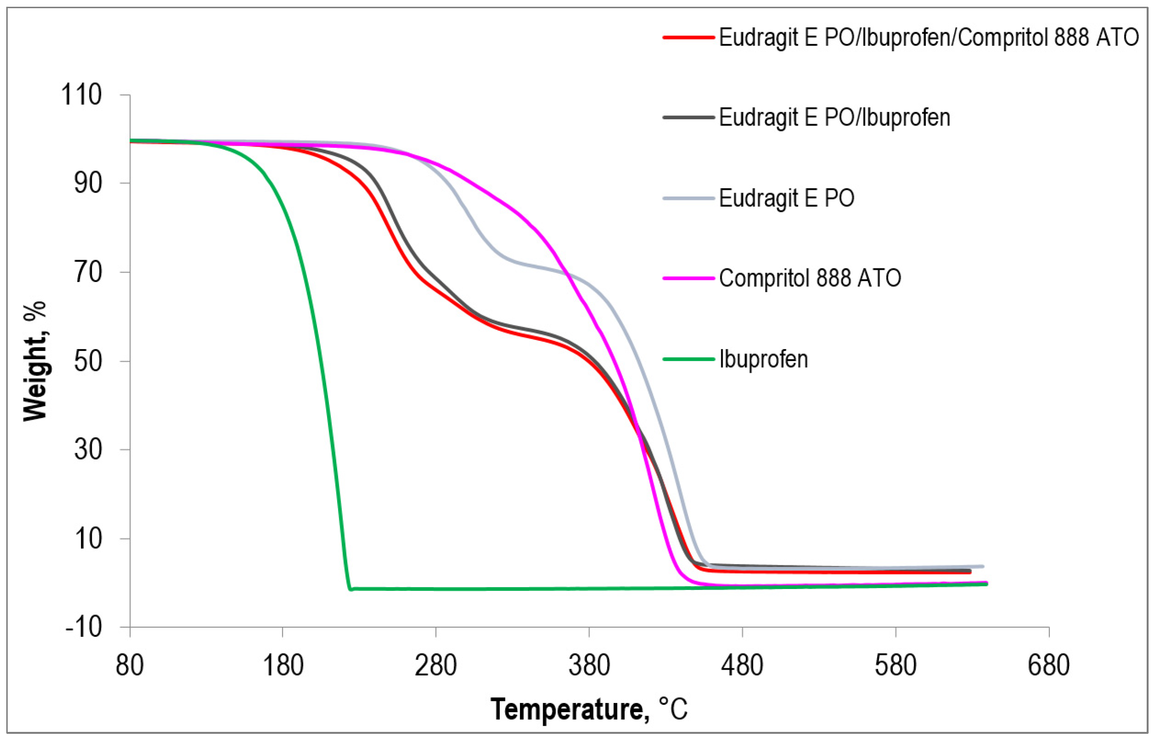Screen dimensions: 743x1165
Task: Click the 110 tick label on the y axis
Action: coord(81,95)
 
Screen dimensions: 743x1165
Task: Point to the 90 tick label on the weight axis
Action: coord(88,183)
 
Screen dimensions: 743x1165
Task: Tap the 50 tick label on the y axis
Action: coord(88,361)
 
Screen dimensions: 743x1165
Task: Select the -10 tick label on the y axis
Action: coord(83,628)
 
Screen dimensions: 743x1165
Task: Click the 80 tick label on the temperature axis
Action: coord(130,666)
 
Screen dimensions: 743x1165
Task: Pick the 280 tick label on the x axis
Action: coord(436,666)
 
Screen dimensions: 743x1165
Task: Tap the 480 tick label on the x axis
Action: coord(741,666)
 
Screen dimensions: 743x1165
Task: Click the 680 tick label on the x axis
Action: coord(1048,666)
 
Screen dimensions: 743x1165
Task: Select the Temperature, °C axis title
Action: coord(589,710)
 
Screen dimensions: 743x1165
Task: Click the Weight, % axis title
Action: coord(35,361)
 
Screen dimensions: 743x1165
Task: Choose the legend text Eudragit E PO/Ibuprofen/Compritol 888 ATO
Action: coord(929,37)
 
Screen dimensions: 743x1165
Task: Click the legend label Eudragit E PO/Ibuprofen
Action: coord(834,118)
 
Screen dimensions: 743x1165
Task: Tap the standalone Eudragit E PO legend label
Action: coord(786,198)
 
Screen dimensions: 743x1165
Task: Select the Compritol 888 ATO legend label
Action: coord(809,278)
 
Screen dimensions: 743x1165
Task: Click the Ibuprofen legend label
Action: coord(763,359)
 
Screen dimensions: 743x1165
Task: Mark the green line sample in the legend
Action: coord(688,359)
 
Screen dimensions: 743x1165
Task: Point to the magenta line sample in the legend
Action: coord(688,278)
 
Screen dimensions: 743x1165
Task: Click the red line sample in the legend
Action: coord(688,37)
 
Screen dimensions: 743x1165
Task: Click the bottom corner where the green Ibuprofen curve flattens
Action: coord(350,589)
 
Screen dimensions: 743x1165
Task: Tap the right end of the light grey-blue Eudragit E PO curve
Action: coord(983,566)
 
